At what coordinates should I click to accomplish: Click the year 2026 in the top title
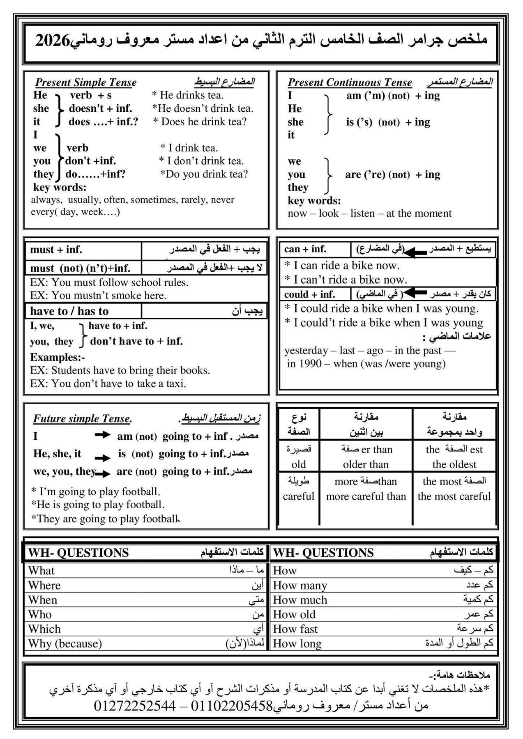coord(53,41)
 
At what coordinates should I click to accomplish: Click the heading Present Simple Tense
coord(86,83)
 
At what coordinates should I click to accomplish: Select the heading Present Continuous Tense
coord(350,83)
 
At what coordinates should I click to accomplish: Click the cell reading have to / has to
coord(69,311)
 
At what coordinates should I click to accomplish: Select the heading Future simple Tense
coord(82,419)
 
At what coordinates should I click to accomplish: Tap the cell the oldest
coord(454,464)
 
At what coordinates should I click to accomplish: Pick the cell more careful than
coord(366,496)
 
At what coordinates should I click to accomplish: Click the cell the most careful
coord(454,496)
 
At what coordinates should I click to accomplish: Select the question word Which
coord(44,629)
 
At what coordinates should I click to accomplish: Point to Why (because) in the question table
coord(65,643)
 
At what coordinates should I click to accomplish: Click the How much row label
coord(300,600)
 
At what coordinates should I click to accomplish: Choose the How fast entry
coord(295,629)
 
